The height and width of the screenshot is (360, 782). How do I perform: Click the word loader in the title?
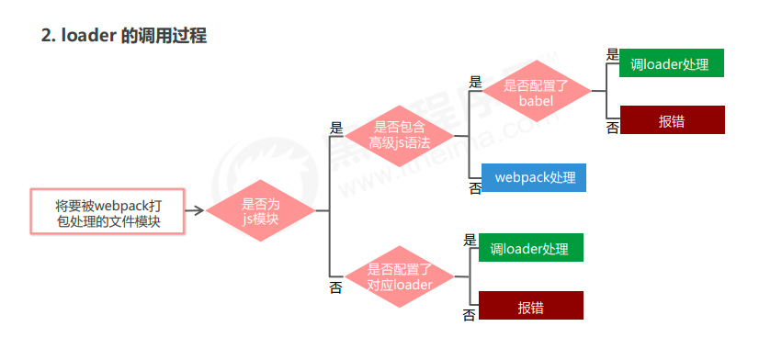89,37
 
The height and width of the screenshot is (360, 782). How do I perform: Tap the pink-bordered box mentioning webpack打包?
108,212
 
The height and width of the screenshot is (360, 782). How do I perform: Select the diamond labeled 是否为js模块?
260,212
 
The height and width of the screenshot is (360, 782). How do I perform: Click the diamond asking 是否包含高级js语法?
401,134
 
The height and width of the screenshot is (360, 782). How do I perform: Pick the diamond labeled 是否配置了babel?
537,92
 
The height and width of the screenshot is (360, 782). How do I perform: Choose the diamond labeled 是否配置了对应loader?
400,276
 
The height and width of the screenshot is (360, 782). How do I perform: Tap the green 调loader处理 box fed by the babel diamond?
672,63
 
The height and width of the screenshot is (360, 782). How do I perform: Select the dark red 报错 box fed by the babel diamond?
672,120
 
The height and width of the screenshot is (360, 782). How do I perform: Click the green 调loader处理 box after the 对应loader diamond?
529,249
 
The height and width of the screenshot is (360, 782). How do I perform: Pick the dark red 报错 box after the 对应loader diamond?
530,306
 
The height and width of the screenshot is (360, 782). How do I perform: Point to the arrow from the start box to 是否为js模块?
194,212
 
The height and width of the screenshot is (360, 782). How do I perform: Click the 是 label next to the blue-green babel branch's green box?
613,55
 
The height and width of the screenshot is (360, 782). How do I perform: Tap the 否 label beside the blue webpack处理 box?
475,188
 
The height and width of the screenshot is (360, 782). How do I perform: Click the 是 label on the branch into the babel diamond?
475,82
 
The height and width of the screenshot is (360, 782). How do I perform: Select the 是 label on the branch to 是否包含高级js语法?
335,129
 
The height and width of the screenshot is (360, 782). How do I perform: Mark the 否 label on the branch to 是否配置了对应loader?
335,288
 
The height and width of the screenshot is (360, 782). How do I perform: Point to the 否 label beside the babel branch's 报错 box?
613,128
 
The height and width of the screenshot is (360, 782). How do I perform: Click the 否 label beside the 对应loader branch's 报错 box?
470,316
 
